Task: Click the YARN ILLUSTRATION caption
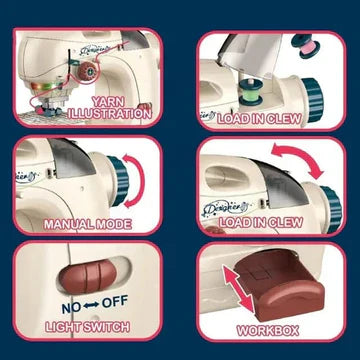(x=122, y=108)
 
